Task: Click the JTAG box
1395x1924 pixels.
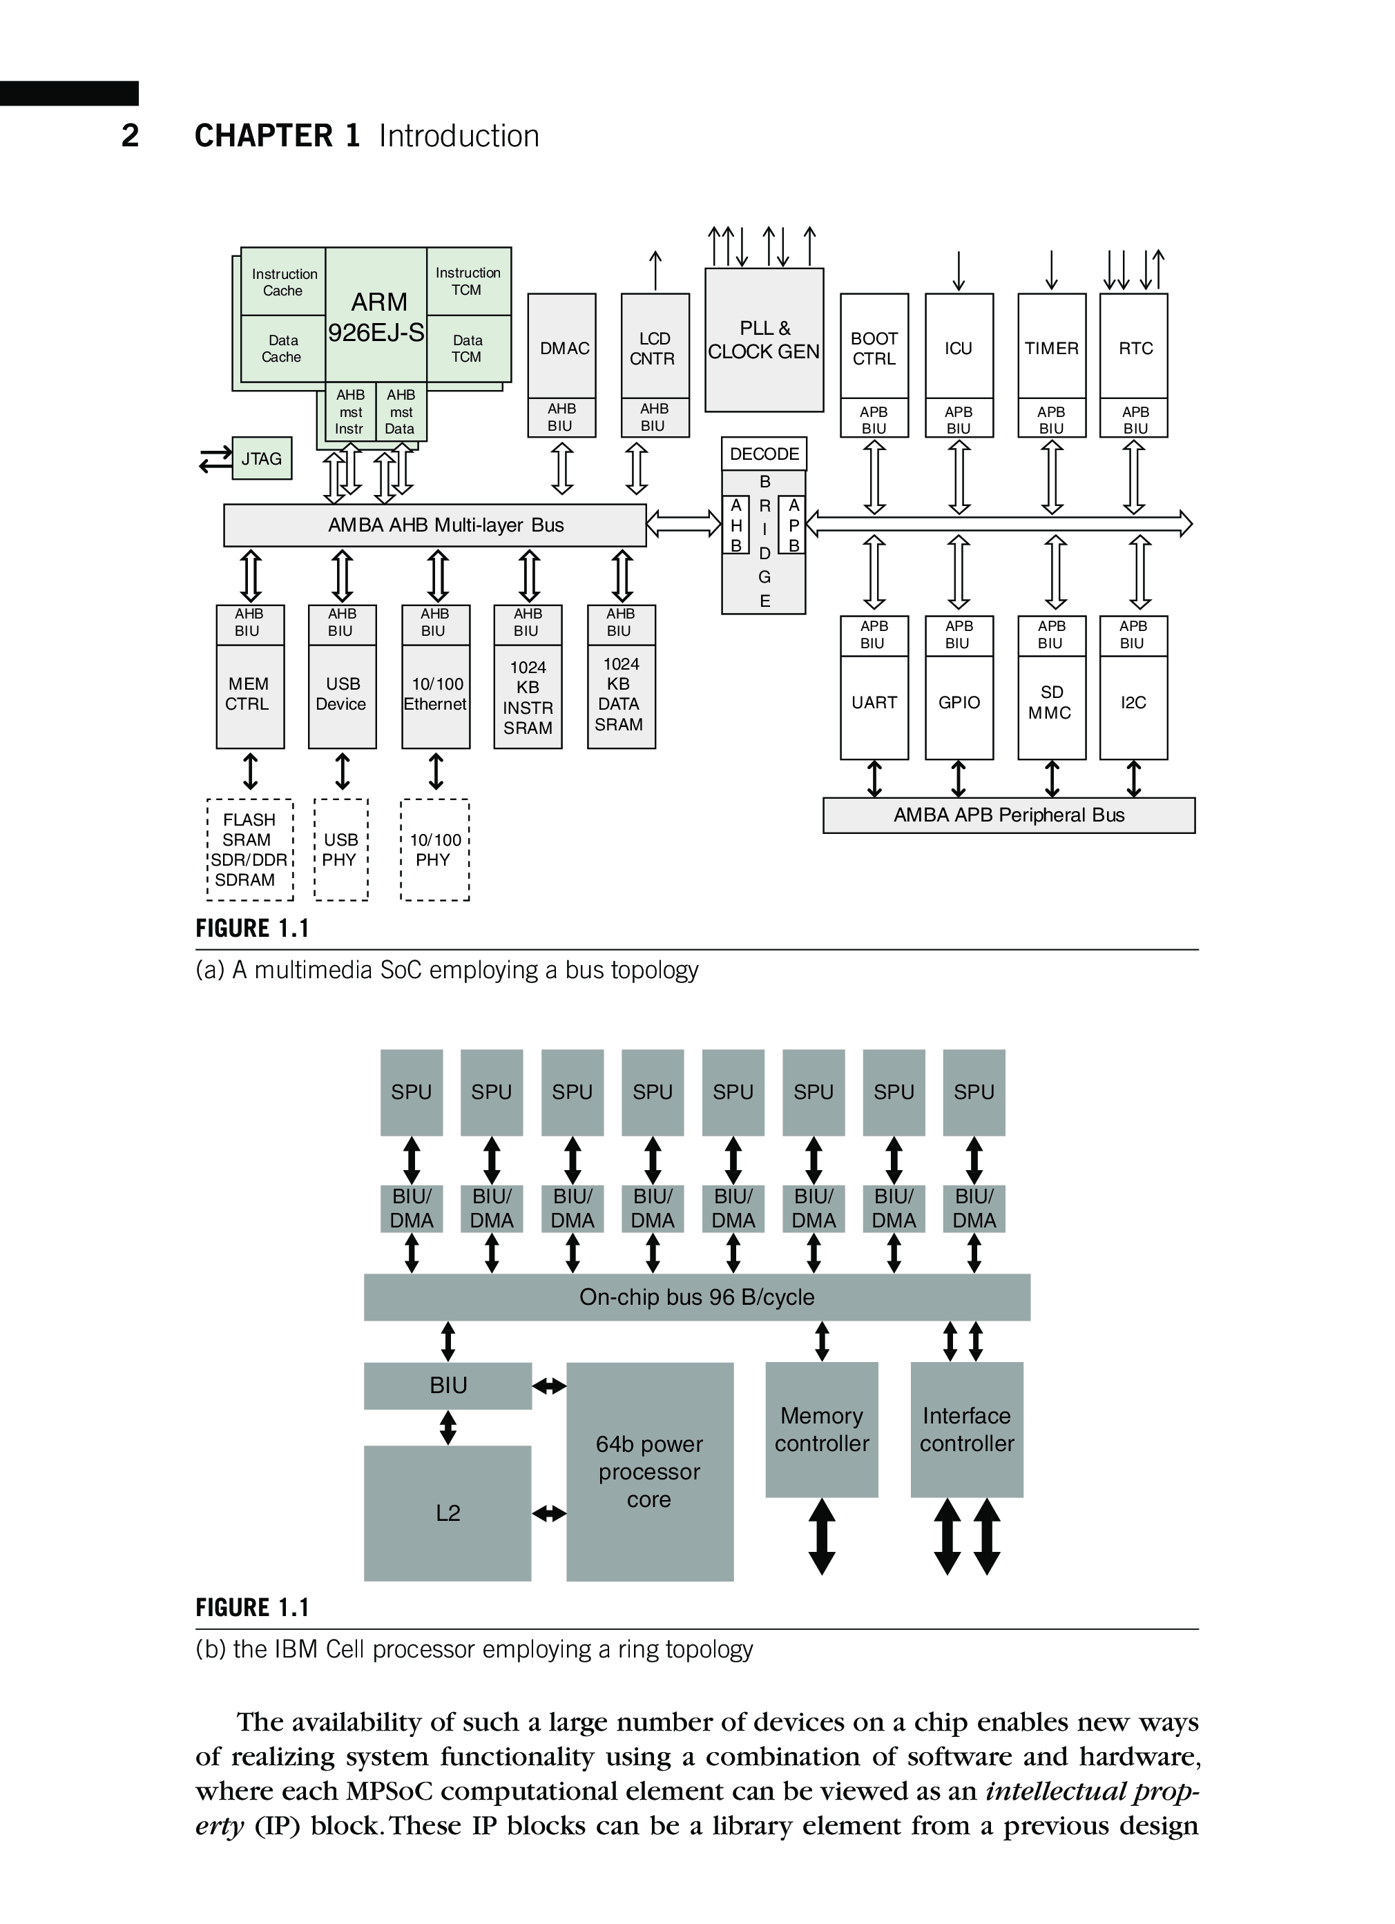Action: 261,459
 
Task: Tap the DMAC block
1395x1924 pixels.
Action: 561,348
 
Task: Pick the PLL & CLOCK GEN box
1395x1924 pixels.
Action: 764,340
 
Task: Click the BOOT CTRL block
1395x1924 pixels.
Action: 874,348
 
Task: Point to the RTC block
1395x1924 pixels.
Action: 1134,348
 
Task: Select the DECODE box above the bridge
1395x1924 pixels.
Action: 764,454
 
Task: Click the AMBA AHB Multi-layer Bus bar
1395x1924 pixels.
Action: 434,525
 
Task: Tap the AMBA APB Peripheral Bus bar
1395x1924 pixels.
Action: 1008,815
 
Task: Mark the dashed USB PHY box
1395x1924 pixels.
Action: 341,849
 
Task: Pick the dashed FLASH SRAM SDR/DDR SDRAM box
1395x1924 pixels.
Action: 249,849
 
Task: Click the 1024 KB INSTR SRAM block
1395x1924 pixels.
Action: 528,697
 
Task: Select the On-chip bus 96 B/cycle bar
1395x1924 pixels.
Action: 697,1297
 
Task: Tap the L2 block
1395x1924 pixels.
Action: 448,1513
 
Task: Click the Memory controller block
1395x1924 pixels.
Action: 821,1430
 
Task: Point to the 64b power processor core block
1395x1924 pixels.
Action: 649,1472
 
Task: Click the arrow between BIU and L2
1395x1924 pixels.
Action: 448,1428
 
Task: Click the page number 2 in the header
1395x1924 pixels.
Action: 130,136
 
